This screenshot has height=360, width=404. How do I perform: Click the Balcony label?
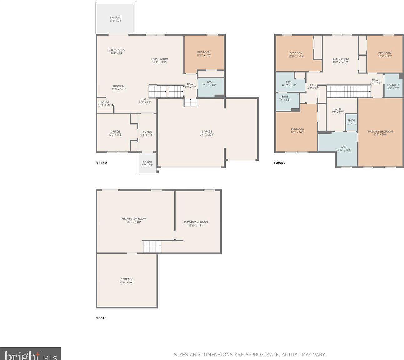tap(116, 19)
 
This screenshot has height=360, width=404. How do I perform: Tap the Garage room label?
tap(207, 133)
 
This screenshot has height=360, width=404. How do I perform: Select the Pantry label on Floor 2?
tap(104, 103)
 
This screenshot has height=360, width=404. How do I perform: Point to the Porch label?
tap(147, 163)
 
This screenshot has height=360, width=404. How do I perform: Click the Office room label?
tap(115, 133)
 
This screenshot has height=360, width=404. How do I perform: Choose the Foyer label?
tap(147, 133)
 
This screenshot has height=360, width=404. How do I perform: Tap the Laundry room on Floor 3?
tap(393, 86)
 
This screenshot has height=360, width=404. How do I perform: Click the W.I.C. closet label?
tap(338, 111)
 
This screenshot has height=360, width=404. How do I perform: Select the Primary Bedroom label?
tap(380, 133)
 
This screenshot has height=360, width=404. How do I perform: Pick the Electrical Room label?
tap(196, 224)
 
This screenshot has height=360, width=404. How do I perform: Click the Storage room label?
tap(127, 281)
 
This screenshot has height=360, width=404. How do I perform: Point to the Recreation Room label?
tap(134, 220)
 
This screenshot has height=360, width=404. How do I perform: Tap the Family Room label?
tap(340, 60)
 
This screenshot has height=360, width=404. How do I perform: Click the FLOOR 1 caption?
tap(101, 318)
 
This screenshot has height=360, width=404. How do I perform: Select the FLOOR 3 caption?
tap(280, 163)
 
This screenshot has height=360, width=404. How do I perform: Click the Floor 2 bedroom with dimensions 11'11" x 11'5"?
tap(204, 54)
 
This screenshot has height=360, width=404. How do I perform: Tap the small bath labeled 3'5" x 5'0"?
tap(352, 122)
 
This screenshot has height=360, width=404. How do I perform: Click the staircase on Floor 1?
tap(152, 247)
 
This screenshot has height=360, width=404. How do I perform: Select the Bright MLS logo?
tap(30, 354)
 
